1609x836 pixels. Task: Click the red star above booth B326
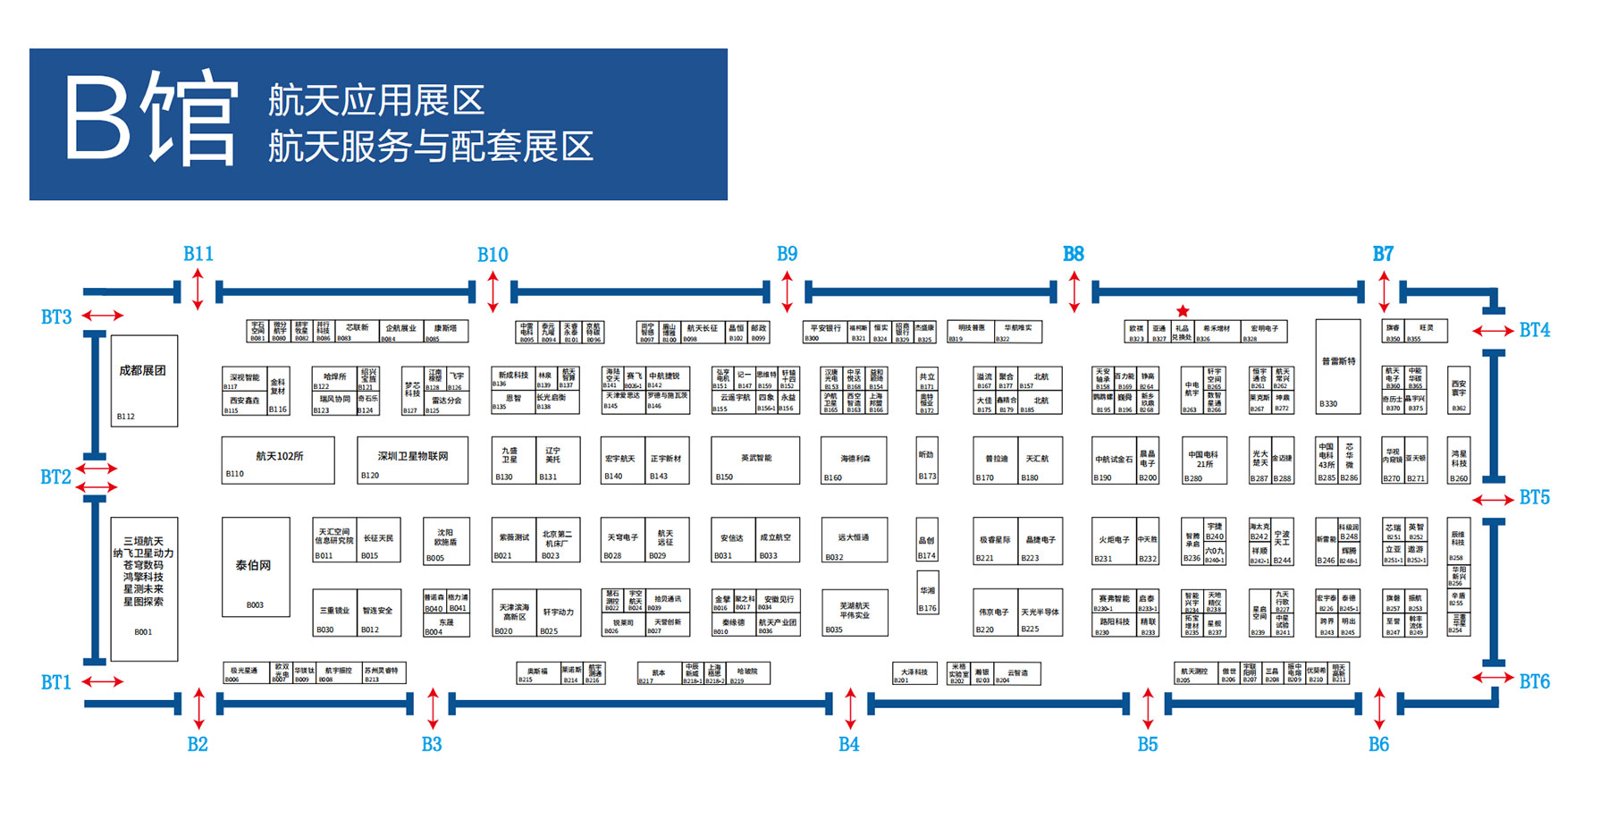1183,311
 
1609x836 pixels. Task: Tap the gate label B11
198,254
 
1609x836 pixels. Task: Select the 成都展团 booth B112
144,381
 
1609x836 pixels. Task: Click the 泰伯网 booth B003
256,567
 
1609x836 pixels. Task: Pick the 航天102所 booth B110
278,460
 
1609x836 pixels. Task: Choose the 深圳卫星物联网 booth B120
412,460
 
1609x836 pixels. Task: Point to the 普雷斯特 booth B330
1338,367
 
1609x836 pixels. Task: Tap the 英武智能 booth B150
755,460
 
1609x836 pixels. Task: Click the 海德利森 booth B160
855,460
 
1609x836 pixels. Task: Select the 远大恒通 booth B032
855,539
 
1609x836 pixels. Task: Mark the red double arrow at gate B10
493,291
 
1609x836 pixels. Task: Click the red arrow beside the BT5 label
1493,499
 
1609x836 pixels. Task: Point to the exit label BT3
56,317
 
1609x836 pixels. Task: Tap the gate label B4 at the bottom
848,744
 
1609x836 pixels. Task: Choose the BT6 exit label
1535,681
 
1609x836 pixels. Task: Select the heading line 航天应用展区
376,100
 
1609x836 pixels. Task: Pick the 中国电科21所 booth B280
1204,460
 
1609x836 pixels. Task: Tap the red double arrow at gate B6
1379,708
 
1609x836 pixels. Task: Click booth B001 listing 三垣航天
144,588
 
